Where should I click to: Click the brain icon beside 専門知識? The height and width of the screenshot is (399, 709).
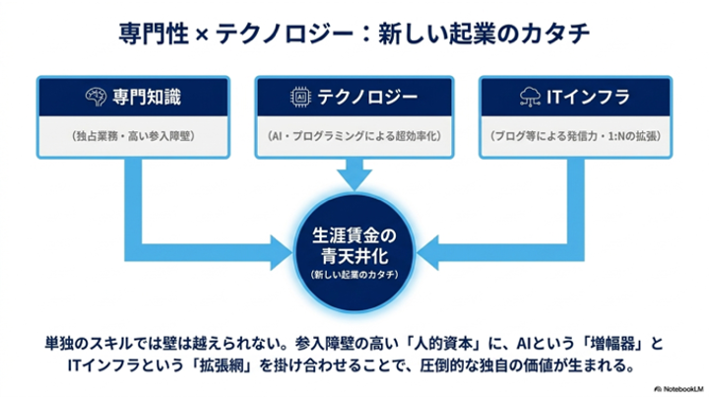click(96, 98)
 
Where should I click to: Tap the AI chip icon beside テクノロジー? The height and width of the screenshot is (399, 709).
click(300, 98)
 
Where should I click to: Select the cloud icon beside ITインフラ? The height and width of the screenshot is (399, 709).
click(530, 98)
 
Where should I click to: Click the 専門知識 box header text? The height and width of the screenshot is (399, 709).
click(147, 98)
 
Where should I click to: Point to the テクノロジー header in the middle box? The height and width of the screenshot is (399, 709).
click(367, 98)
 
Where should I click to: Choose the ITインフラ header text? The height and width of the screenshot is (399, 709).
click(588, 98)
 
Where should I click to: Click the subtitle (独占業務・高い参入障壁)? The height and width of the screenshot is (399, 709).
click(133, 136)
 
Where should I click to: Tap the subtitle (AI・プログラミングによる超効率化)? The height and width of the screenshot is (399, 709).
click(354, 136)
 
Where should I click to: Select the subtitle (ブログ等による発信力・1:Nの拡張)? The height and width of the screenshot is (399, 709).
click(576, 136)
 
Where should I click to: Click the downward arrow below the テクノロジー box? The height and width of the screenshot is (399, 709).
click(354, 174)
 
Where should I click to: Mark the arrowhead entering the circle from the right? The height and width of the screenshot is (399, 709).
click(427, 252)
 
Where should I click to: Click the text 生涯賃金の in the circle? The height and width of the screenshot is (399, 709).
click(354, 235)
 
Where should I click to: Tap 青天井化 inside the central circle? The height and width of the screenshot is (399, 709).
click(354, 256)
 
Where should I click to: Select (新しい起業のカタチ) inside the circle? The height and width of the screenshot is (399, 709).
click(354, 275)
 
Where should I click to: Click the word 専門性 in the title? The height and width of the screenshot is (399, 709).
click(154, 33)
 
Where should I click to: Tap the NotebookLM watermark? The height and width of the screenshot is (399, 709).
click(679, 389)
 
